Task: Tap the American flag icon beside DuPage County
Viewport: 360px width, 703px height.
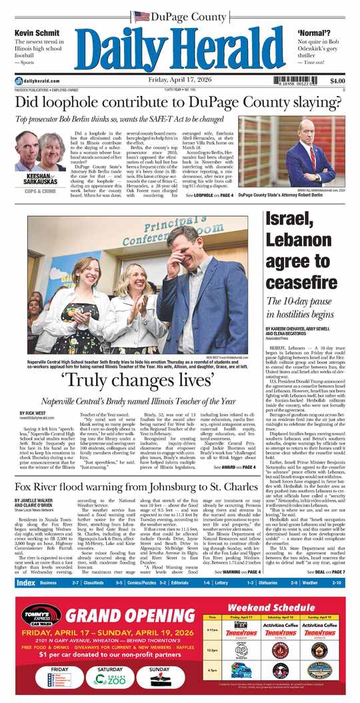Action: pos(141,16)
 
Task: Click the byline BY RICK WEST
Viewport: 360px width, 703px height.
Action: pos(29,414)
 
